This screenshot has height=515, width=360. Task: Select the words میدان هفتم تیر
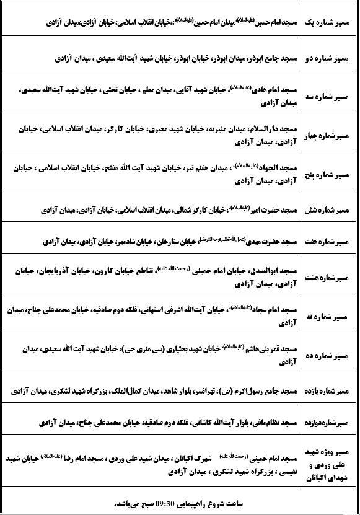(204, 167)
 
